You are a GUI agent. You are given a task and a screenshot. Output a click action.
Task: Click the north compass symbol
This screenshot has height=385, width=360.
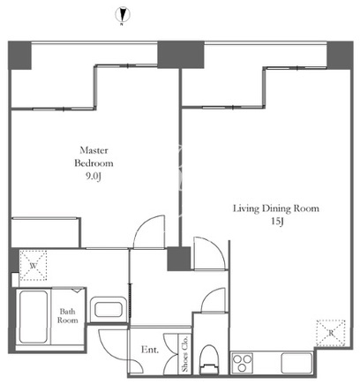click(x=122, y=15)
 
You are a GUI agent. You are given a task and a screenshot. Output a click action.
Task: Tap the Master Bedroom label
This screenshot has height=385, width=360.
click(x=94, y=156)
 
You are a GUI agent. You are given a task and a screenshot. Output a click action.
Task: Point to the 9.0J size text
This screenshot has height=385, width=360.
click(x=94, y=177)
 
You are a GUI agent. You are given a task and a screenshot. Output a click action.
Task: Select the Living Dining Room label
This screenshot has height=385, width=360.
click(x=276, y=208)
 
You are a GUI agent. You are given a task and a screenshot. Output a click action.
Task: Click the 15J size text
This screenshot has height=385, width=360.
click(x=277, y=222)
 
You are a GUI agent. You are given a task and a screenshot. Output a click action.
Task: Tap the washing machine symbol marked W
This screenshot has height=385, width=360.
click(x=34, y=266)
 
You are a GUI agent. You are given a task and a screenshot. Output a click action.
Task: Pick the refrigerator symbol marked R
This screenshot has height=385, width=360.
click(x=331, y=333)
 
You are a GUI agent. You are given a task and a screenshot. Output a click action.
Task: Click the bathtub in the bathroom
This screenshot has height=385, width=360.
click(x=34, y=317)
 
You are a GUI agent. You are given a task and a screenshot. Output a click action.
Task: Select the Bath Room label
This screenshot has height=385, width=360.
click(x=68, y=315)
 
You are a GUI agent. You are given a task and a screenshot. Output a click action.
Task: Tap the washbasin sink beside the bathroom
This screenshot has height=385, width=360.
click(x=109, y=310)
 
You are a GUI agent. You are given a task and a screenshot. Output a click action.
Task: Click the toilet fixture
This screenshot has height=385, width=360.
click(x=209, y=359)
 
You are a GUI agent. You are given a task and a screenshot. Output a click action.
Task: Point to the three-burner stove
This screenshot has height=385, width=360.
click(x=243, y=363)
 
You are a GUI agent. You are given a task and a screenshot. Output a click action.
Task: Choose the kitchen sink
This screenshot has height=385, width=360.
click(x=296, y=363)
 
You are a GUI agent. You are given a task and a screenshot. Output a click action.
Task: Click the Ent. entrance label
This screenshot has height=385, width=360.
click(x=150, y=350)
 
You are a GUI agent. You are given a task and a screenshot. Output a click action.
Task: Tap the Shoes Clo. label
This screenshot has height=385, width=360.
click(x=184, y=353)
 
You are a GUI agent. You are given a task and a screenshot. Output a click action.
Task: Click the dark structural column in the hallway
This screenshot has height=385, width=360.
click(x=179, y=259)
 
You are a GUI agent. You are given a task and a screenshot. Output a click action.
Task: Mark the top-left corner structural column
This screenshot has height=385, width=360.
click(x=19, y=56)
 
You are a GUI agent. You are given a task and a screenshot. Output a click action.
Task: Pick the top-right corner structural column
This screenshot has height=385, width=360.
click(x=340, y=56)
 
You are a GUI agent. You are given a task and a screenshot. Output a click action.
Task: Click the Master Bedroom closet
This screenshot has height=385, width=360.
click(x=46, y=232)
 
